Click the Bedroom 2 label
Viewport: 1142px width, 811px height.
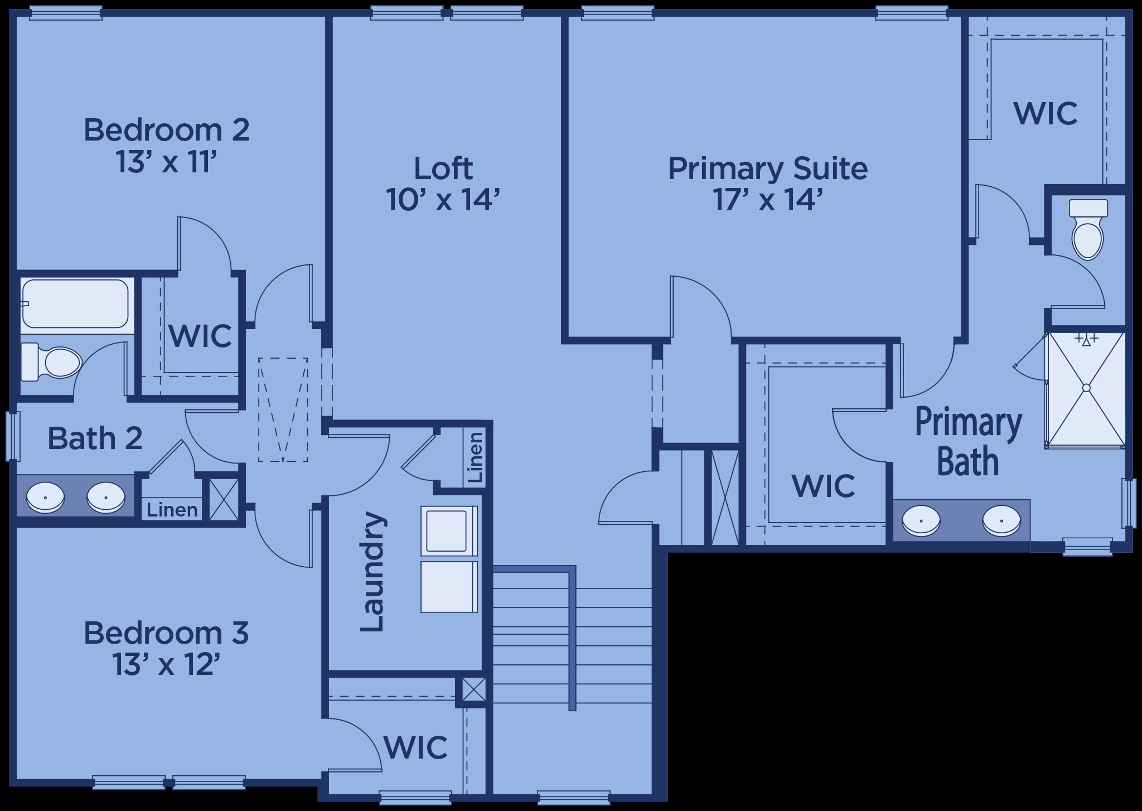(x=166, y=129)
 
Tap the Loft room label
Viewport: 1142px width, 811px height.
(x=443, y=168)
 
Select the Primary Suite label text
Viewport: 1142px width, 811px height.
(x=768, y=168)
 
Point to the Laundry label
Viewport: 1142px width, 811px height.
(x=372, y=571)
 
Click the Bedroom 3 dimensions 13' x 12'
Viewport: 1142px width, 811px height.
(x=166, y=664)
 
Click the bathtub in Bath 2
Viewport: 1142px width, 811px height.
(x=75, y=303)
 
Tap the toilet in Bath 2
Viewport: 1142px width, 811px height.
(x=51, y=361)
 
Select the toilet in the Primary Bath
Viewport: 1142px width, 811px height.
(x=1088, y=229)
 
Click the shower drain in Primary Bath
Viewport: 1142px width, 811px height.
(x=1086, y=388)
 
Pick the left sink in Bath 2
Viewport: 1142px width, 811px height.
(x=46, y=496)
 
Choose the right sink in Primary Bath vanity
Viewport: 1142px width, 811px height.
(x=1001, y=519)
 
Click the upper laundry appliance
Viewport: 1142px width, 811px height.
(x=449, y=531)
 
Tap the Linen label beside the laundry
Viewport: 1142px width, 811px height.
(x=475, y=457)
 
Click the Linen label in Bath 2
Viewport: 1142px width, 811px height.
(x=172, y=509)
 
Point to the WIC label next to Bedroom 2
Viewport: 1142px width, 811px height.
(x=200, y=336)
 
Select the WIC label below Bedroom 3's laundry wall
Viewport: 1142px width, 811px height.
(x=415, y=747)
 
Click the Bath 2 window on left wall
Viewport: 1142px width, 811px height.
(x=13, y=436)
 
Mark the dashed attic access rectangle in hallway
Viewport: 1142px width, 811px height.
(x=283, y=409)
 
